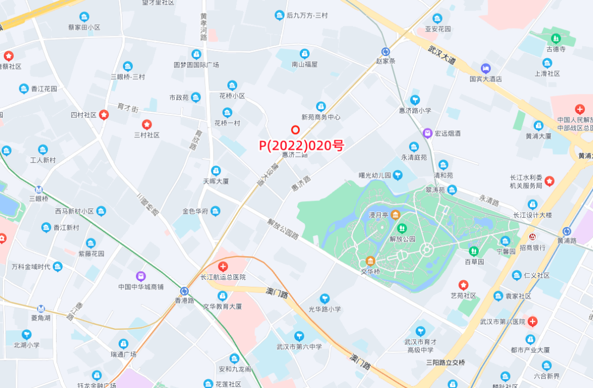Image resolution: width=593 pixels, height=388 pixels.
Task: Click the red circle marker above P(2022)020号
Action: click(295, 130)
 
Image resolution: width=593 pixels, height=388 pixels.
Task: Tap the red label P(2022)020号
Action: click(301, 146)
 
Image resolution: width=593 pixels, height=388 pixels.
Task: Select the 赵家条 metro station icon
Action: click(385, 51)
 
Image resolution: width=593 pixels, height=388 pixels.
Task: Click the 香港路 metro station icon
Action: click(184, 291)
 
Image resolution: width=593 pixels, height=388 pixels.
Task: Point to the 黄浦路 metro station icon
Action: click(566, 231)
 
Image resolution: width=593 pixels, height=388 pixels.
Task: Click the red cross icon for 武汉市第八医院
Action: click(532, 321)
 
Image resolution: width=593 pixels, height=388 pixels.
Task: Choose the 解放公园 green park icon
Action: click(402, 228)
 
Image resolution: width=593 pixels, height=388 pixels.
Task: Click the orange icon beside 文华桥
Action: click(370, 261)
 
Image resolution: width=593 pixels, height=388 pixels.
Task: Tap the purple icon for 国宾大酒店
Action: click(485, 69)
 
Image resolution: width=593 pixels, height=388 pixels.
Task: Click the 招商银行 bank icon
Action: click(532, 237)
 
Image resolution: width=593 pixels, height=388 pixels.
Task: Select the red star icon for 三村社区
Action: click(147, 124)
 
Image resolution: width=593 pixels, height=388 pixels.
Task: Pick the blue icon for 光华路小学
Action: click(325, 298)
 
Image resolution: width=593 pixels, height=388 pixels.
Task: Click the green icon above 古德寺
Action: click(556, 38)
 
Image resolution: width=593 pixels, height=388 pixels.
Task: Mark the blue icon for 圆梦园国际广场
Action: click(196, 54)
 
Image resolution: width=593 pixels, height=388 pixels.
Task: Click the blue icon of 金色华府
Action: click(215, 211)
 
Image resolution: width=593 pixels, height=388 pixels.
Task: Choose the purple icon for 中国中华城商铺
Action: click(141, 276)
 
